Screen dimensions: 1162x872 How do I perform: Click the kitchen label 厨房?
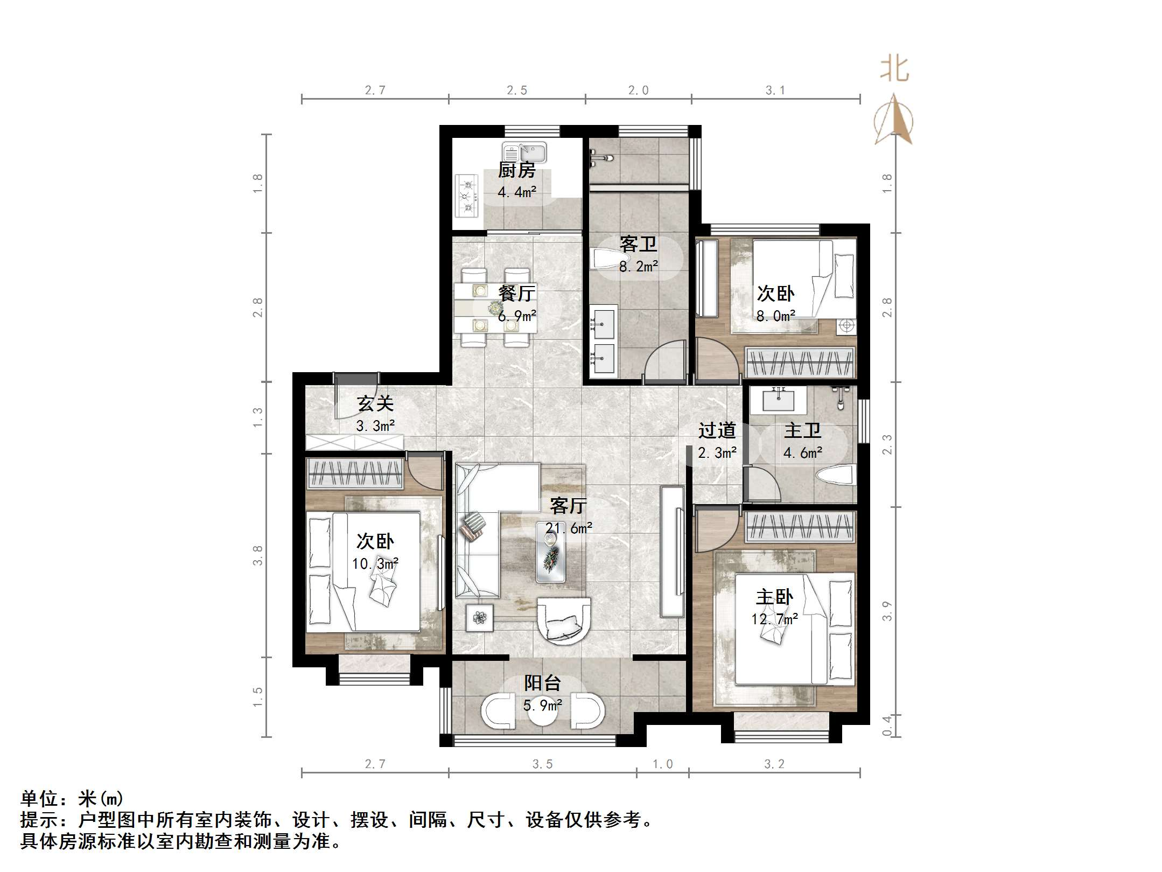pyautogui.click(x=516, y=170)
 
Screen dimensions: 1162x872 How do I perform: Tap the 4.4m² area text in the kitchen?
pyautogui.click(x=516, y=191)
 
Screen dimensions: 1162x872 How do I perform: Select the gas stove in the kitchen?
pyautogui.click(x=467, y=196)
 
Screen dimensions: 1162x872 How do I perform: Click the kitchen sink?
pyautogui.click(x=524, y=152)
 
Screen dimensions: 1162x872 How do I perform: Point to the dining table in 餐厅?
pyautogui.click(x=494, y=308)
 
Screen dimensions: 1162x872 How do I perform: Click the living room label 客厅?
pyautogui.click(x=568, y=505)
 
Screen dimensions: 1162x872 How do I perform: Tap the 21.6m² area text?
pyautogui.click(x=569, y=528)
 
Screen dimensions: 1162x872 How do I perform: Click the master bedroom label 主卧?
pyautogui.click(x=774, y=597)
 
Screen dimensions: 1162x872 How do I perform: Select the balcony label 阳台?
pyautogui.click(x=543, y=683)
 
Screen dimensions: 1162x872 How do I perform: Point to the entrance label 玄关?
pyautogui.click(x=375, y=403)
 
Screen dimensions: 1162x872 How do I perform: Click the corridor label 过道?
pyautogui.click(x=717, y=430)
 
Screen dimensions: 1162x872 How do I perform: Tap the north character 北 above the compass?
pyautogui.click(x=894, y=69)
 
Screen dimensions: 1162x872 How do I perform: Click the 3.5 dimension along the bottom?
pyautogui.click(x=542, y=764)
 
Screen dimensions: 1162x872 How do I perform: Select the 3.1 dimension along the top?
pyautogui.click(x=775, y=90)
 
